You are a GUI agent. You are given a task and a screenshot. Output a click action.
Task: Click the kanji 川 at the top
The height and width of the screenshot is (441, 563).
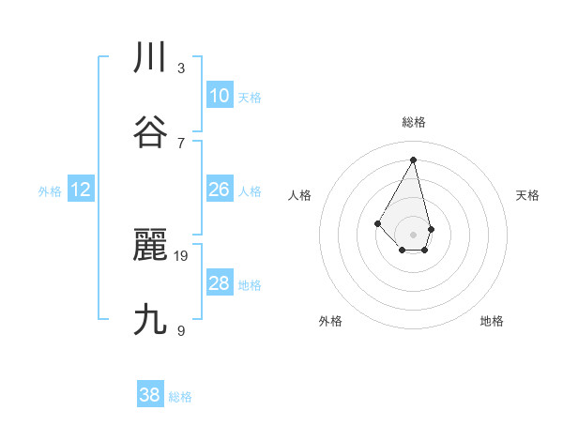(x=150, y=58)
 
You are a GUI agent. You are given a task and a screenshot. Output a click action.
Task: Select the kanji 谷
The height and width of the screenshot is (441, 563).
(x=150, y=132)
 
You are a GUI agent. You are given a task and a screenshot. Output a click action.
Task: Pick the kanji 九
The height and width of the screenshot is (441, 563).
(x=150, y=320)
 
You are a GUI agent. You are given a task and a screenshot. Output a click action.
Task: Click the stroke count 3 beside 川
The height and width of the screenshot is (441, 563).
(x=181, y=68)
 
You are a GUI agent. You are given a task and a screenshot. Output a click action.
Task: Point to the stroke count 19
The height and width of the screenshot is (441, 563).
(x=182, y=255)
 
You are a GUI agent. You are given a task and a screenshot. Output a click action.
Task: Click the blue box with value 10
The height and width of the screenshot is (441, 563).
(x=220, y=96)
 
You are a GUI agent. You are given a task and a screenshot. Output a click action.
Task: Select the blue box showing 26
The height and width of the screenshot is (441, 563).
(x=220, y=190)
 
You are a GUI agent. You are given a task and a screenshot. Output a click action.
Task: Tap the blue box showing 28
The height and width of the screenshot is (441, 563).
(x=220, y=283)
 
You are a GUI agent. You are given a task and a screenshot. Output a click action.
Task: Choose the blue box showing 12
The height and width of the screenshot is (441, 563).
(x=81, y=190)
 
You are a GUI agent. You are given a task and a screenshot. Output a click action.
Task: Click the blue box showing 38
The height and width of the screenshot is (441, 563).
(x=150, y=395)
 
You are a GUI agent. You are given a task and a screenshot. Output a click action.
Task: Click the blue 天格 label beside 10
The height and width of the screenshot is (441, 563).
(x=250, y=98)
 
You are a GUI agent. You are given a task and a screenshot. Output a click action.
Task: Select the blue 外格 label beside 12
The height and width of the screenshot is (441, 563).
(x=50, y=191)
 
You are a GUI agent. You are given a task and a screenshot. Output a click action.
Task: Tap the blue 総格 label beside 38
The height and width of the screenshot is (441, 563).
(x=180, y=397)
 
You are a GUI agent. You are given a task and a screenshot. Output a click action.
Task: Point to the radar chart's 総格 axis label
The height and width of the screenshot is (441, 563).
(x=414, y=122)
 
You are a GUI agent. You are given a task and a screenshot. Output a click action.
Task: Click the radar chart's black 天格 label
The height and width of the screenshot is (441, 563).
(x=528, y=195)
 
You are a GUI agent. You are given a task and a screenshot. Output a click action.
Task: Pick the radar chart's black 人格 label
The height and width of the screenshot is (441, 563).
(x=300, y=195)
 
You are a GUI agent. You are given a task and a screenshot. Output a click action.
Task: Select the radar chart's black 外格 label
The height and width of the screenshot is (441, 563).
(x=330, y=321)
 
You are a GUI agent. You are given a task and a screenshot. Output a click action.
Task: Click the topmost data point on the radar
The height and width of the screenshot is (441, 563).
(x=414, y=160)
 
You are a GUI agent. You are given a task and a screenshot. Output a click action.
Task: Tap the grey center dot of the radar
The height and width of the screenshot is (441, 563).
(x=414, y=234)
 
